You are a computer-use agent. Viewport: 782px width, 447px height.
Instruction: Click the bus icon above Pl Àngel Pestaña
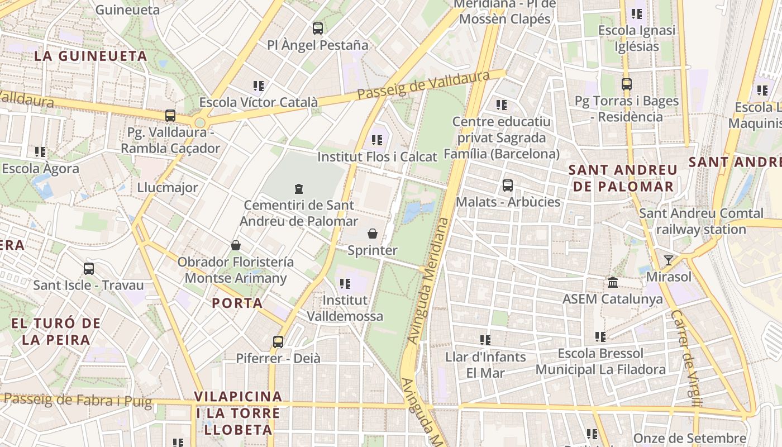(x=318, y=28)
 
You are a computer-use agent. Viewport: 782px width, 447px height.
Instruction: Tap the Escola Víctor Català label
(x=259, y=102)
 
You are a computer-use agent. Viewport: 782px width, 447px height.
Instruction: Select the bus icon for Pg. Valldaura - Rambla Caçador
(x=170, y=116)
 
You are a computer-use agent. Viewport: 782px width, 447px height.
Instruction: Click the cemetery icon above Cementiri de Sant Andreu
(x=299, y=189)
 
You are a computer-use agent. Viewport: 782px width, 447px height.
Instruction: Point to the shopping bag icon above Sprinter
(x=373, y=234)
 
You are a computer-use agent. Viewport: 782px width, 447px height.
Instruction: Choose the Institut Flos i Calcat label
(x=377, y=157)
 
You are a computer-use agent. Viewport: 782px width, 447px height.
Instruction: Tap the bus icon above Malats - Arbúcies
(x=508, y=185)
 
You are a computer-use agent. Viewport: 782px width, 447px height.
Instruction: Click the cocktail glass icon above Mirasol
(x=668, y=260)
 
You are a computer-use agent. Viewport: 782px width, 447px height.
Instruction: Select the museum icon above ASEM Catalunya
(x=613, y=282)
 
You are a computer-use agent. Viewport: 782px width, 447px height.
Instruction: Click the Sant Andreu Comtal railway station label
(x=701, y=221)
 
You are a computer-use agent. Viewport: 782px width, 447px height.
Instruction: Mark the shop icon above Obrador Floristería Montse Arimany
(x=236, y=245)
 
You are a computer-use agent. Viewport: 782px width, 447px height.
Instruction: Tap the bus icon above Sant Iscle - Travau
(x=89, y=269)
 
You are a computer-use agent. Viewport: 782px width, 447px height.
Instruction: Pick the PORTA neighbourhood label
(x=237, y=303)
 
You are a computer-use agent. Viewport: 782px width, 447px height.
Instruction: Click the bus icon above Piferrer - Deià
(x=278, y=341)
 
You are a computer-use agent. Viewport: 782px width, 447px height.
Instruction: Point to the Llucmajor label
(x=168, y=188)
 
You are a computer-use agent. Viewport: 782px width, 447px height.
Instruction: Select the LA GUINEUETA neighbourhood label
(x=90, y=56)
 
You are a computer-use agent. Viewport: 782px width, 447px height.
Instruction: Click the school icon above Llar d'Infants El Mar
(x=485, y=340)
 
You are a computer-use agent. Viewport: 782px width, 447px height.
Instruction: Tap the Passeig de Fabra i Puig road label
(x=78, y=400)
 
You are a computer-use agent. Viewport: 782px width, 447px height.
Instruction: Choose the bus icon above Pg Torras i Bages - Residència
(x=627, y=84)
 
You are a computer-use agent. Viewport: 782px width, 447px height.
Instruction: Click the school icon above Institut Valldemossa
(x=345, y=284)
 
